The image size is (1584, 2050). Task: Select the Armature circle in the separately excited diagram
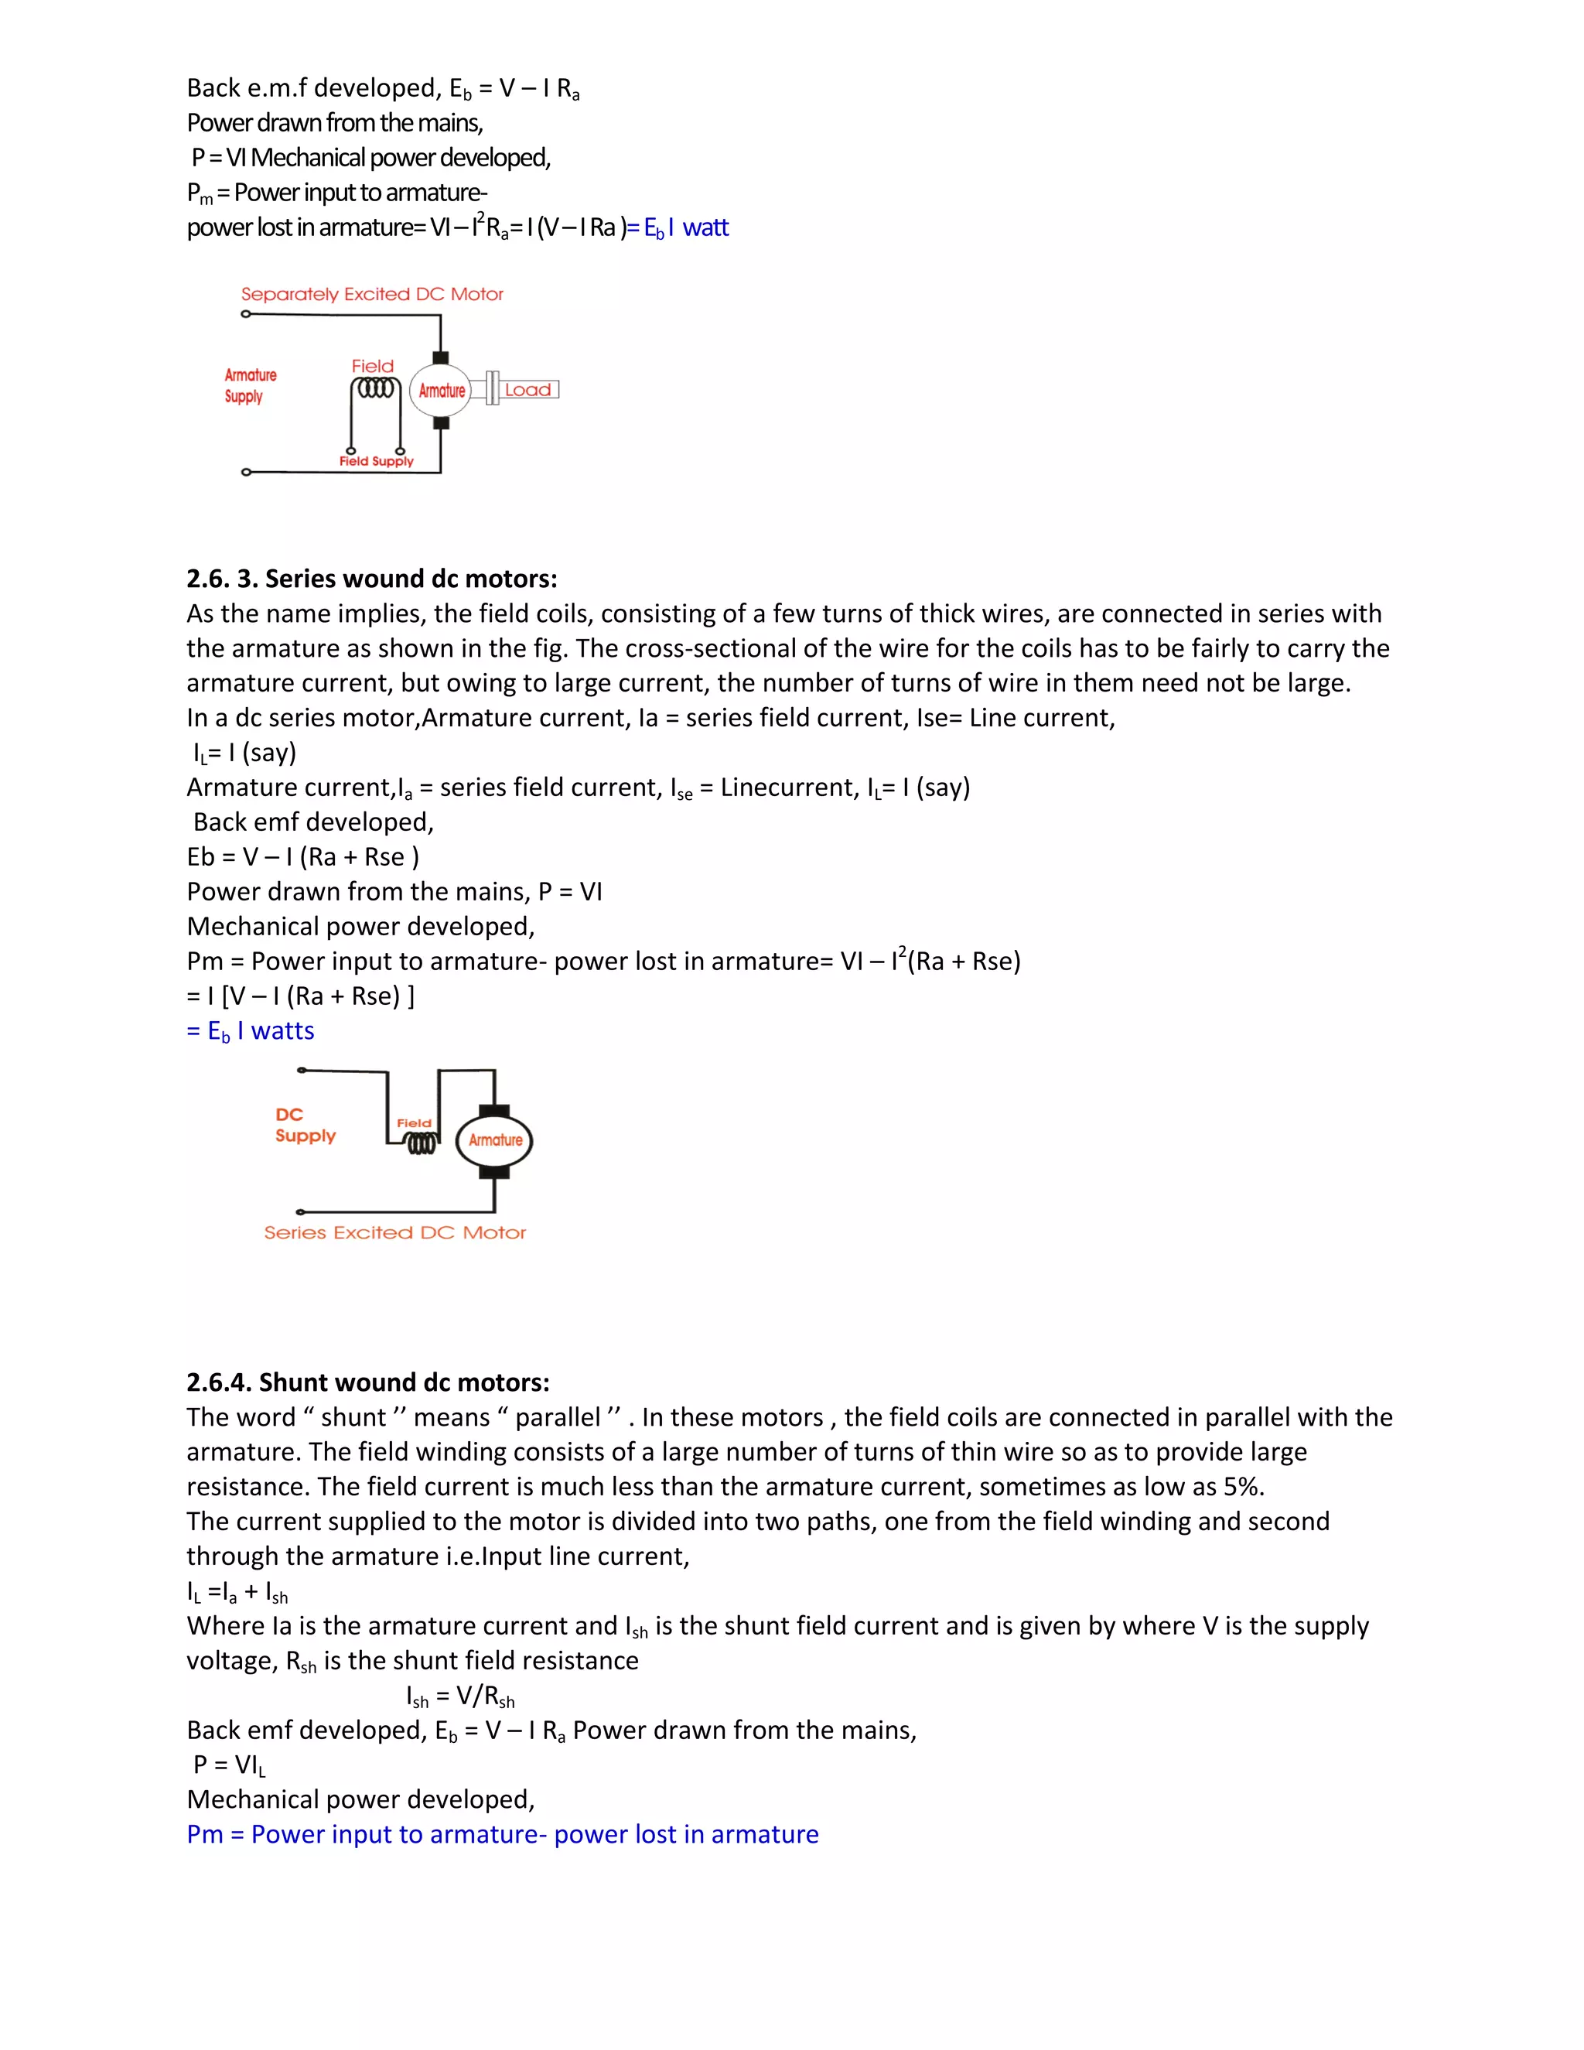441,391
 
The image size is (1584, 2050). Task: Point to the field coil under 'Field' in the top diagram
377,388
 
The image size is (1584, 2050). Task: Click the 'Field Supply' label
377,461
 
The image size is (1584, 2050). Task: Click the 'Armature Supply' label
250,384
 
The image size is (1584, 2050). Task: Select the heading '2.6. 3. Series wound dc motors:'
371,578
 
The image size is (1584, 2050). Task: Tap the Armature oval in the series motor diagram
494,1140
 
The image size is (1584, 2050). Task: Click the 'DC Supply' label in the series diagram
304,1125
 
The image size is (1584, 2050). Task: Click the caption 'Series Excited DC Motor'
394,1232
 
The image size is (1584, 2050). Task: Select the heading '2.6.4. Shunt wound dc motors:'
368,1382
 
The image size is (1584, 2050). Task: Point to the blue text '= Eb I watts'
251,1030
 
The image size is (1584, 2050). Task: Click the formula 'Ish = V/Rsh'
460,1696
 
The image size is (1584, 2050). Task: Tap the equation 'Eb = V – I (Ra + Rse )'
302,857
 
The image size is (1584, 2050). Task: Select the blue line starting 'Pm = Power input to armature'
502,1834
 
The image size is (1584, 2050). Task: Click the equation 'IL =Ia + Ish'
237,1592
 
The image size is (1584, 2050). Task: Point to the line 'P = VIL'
229,1765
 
